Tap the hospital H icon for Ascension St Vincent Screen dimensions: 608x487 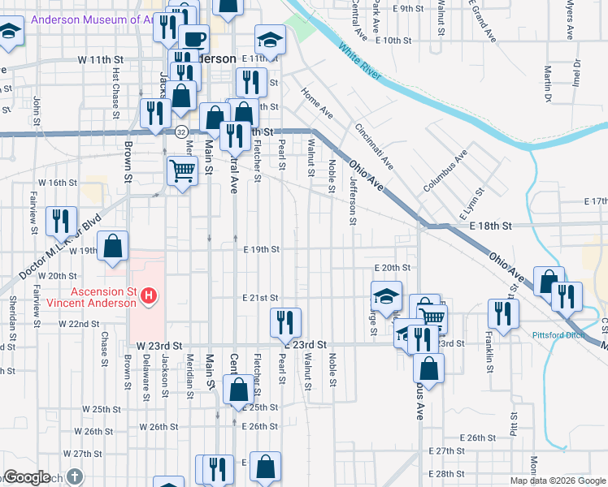tap(149, 297)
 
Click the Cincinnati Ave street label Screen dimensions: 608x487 tap(374, 146)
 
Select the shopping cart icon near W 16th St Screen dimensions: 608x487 tap(182, 170)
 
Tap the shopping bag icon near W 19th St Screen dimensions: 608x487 tap(113, 245)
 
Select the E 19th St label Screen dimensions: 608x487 tap(262, 249)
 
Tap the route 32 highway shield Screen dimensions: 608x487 tap(181, 131)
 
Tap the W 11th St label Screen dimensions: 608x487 tap(100, 60)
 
